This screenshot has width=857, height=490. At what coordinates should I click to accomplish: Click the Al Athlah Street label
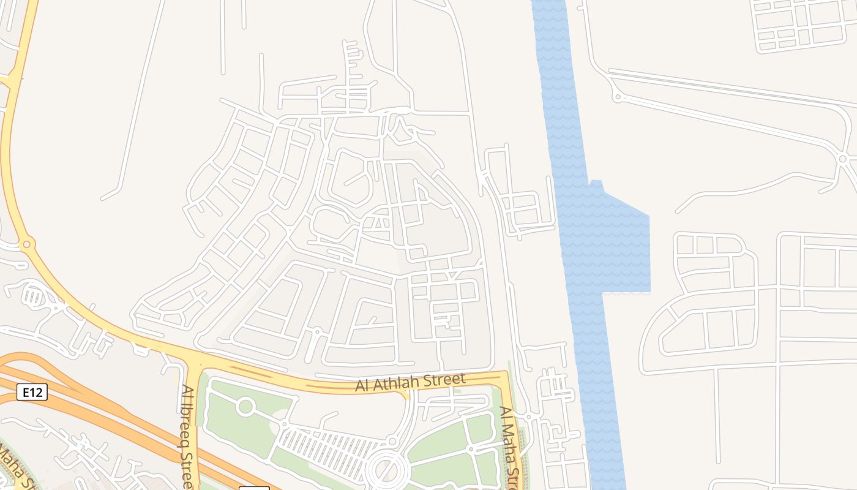point(410,383)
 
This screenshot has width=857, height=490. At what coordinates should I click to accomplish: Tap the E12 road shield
point(32,392)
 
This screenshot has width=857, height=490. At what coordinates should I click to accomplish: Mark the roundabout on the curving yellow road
point(26,244)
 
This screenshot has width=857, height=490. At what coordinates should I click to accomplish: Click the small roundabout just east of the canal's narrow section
point(617,97)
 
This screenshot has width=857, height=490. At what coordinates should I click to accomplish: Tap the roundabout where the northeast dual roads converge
point(843,159)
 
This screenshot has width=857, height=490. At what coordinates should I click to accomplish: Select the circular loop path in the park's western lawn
point(245,407)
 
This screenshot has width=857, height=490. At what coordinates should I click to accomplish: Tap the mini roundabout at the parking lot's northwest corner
point(284,424)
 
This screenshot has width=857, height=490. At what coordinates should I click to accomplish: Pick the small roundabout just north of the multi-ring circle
point(392,442)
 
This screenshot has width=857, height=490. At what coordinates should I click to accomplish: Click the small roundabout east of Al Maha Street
point(528,417)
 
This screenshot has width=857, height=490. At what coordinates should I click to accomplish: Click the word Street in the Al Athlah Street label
point(449,379)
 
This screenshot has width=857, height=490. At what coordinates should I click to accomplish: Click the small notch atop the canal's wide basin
point(596,183)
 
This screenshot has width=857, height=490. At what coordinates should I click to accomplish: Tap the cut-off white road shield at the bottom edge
point(253,488)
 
